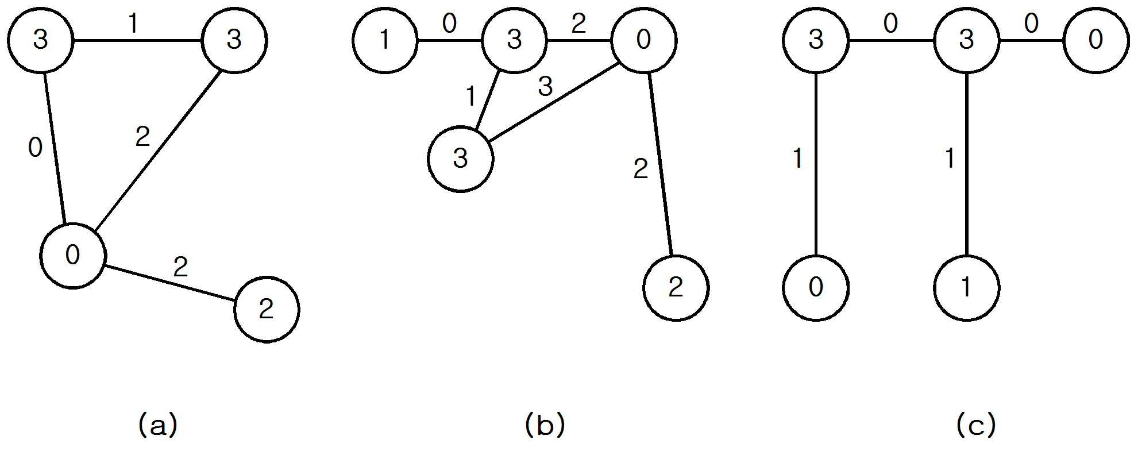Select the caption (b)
click(x=545, y=426)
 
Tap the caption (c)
click(x=976, y=426)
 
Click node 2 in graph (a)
click(x=267, y=310)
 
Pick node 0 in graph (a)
click(x=73, y=255)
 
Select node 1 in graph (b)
click(x=385, y=41)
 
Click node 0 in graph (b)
click(x=644, y=41)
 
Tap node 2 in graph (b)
click(x=676, y=288)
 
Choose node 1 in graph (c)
click(x=967, y=288)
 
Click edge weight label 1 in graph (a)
click(x=133, y=25)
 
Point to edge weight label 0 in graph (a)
click(x=35, y=148)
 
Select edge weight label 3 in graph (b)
click(x=545, y=87)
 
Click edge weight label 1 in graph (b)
click(x=471, y=97)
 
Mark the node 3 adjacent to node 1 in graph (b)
click(x=515, y=41)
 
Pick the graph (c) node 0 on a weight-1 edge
click(x=816, y=288)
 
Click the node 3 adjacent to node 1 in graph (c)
click(x=967, y=41)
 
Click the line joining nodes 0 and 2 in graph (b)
click(x=660, y=164)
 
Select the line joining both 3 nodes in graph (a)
click(x=137, y=41)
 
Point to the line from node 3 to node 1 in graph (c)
click(x=967, y=164)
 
